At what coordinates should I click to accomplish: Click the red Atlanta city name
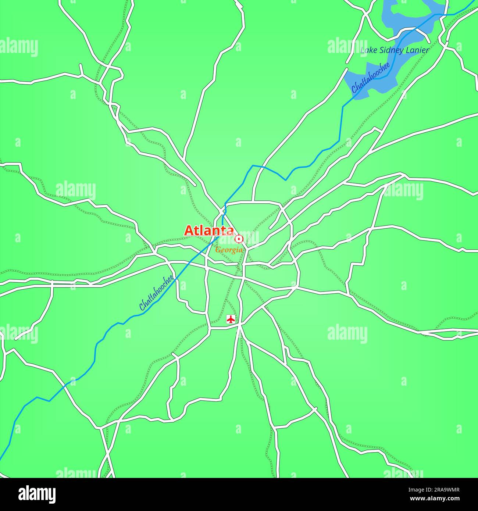coord(209,231)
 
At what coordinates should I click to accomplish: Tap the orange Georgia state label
coord(229,250)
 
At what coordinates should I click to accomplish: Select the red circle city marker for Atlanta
coord(239,239)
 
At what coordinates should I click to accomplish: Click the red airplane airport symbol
coord(231,319)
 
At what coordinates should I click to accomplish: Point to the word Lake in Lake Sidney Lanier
coord(367,50)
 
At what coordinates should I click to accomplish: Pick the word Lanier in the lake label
coord(417,50)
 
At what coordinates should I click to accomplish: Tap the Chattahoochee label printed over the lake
coord(370,78)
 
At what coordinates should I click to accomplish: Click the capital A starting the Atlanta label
coord(189,231)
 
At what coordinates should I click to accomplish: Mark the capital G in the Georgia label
coord(218,250)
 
